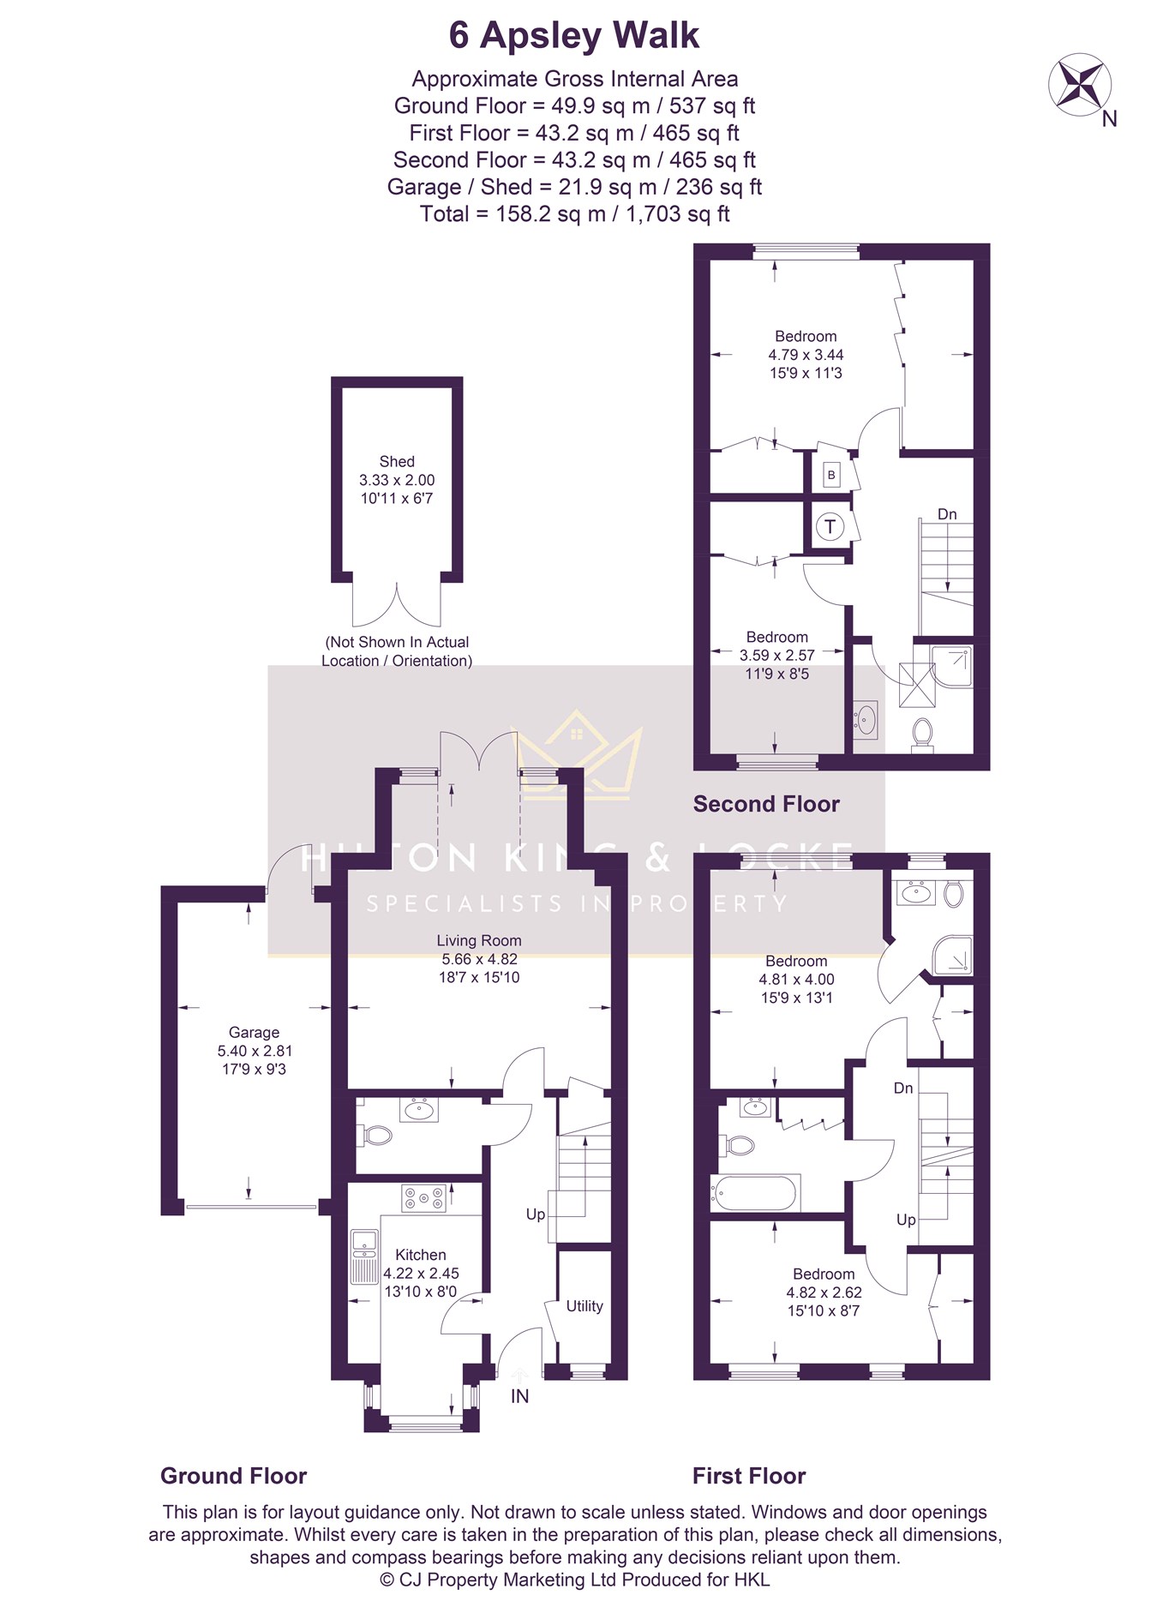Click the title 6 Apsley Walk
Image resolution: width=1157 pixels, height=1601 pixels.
(x=574, y=35)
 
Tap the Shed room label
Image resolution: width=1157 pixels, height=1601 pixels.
(x=397, y=461)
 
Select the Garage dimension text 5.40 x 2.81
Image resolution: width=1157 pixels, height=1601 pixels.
(x=255, y=1051)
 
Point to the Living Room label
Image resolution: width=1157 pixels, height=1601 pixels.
(x=479, y=940)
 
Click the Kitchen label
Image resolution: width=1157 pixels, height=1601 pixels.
(x=421, y=1255)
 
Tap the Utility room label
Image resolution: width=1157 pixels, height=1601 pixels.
(x=584, y=1306)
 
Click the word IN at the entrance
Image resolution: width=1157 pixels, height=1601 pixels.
(x=519, y=1396)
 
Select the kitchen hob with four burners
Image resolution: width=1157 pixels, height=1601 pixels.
(x=424, y=1198)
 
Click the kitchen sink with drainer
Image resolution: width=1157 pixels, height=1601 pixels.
(x=364, y=1256)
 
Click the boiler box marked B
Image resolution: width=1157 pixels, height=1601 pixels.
(x=830, y=475)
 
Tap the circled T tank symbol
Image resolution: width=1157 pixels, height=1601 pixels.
(x=830, y=526)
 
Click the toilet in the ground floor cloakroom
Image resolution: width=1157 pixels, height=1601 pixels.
(x=374, y=1136)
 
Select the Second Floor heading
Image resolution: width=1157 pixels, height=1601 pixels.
(x=766, y=804)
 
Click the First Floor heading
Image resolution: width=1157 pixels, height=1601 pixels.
(x=749, y=1476)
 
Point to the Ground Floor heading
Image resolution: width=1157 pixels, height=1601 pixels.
(x=233, y=1476)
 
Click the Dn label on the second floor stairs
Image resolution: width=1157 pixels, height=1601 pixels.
(x=947, y=514)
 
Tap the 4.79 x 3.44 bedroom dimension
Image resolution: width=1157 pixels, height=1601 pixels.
(x=806, y=355)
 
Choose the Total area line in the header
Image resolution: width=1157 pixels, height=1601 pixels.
(x=574, y=214)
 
